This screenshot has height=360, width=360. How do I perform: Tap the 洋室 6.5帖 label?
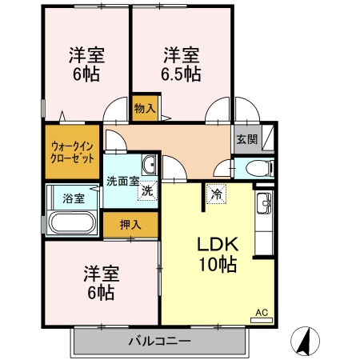point(182,64)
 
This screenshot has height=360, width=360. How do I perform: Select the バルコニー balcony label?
point(160,342)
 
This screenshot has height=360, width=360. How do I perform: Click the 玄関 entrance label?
point(247,138)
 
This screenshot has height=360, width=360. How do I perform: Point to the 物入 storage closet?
point(145,107)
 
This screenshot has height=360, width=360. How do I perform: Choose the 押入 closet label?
point(130,225)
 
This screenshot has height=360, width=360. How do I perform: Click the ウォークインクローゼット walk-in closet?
point(73,150)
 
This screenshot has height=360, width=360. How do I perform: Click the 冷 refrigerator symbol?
point(216,193)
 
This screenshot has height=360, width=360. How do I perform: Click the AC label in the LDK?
point(261,312)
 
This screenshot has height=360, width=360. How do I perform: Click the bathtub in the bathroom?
point(74,222)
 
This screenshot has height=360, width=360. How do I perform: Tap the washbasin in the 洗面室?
point(150,166)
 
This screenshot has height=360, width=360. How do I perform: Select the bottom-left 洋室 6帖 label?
point(101,282)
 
